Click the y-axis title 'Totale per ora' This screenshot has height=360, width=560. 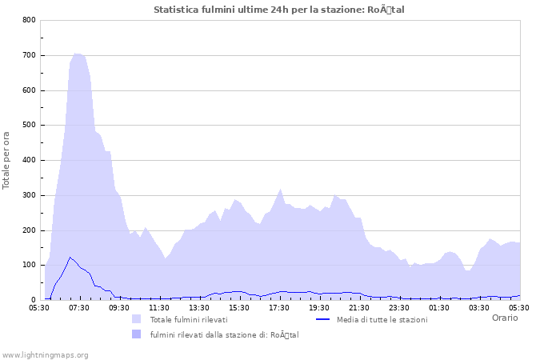pos(7,160)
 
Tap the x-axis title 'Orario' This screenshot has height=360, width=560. pos(504,318)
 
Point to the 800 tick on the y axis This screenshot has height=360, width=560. pos(29,20)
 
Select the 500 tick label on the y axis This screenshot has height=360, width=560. pos(29,126)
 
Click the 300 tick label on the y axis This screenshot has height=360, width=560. pos(29,195)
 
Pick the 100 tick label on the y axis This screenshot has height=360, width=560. pos(29,266)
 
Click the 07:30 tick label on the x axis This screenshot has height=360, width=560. pos(79,307)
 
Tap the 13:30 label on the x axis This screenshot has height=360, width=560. pos(199,307)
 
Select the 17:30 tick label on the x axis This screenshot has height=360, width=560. pos(279,307)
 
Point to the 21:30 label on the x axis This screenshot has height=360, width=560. pos(359,307)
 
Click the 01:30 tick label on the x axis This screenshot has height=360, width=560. pos(439,307)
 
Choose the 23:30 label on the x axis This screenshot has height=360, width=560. pos(399,307)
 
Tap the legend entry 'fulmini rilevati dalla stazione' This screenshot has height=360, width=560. pos(224,334)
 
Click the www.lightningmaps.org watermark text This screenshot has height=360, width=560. pos(45,354)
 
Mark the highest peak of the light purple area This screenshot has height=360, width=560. pos(77,54)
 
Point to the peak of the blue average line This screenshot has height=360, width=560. pos(70,257)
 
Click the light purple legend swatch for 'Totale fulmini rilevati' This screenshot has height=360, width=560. pos(136,319)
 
